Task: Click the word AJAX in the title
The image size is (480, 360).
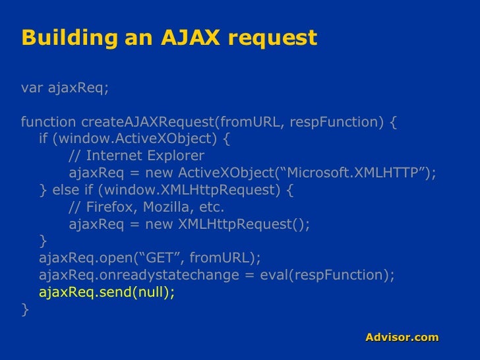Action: tap(191, 38)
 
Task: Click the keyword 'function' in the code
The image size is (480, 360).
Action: tap(49, 122)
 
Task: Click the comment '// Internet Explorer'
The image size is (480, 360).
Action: tap(136, 156)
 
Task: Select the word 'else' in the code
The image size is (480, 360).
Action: tap(64, 191)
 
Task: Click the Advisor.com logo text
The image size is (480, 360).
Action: tap(402, 338)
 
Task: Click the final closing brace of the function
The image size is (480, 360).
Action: tap(25, 309)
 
